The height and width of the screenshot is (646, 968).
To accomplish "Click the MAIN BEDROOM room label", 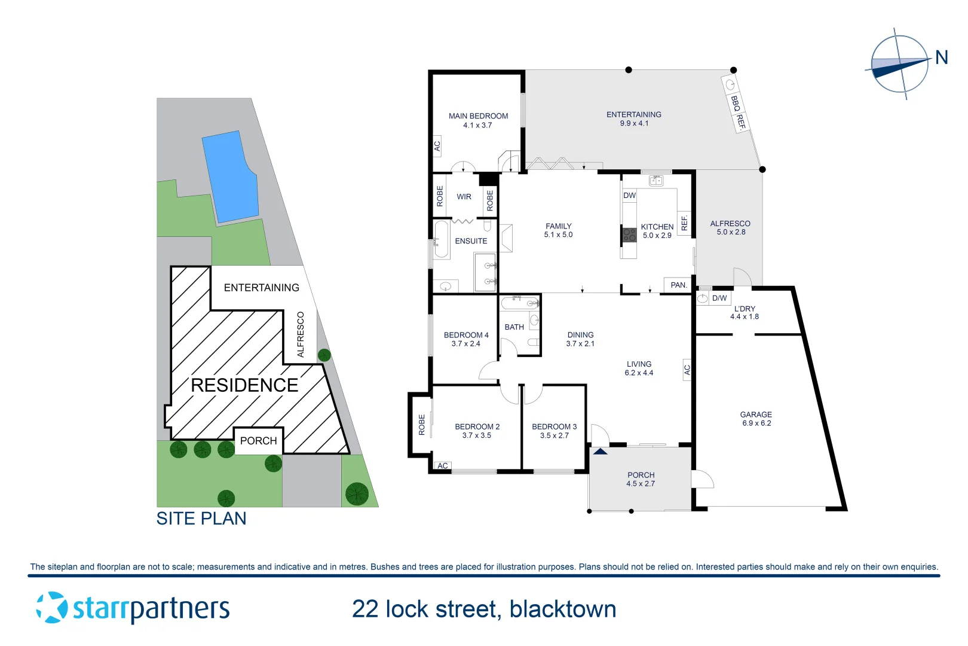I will coord(478,120).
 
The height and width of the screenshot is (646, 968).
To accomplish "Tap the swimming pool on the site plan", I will coord(231,177).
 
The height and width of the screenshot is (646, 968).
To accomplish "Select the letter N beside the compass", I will coord(941,57).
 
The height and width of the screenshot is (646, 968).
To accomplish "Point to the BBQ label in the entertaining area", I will coord(735,103).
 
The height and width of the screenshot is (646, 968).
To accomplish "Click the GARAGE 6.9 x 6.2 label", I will coord(756,419).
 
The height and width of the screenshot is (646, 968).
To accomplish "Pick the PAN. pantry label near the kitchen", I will coord(678,285).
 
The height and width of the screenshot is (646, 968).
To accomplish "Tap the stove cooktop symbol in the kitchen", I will coord(629,234).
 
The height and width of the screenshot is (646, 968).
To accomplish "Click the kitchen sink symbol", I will coord(656,181).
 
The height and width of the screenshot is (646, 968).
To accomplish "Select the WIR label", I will coord(464,197).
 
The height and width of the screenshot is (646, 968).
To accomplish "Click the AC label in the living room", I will coord(687,370).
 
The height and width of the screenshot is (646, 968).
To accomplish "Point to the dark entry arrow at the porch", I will coord(601,452).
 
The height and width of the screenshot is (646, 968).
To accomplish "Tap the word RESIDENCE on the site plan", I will coord(244,385).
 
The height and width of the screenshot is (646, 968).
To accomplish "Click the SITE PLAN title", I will coord(201,519).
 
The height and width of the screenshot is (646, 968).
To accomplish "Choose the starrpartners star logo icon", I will coord(52,608).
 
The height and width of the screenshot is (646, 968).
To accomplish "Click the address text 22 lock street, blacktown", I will coord(484,610).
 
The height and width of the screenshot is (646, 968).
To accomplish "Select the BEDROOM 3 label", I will coord(555,431).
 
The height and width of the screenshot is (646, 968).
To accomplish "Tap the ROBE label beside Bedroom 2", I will coord(422,424).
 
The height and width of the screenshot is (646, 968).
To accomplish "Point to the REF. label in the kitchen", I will coord(685,223).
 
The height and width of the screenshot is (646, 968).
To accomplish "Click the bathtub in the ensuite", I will coord(442,239).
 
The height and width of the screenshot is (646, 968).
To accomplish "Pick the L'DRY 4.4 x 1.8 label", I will coord(745,313).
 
